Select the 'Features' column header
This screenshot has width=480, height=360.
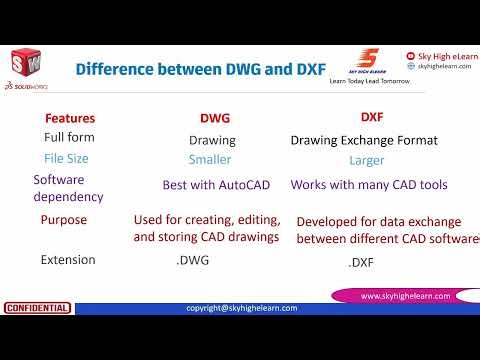(70, 118)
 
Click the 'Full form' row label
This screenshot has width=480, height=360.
(70, 136)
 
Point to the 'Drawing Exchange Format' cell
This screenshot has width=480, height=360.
(364, 140)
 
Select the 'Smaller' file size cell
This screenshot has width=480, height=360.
(210, 159)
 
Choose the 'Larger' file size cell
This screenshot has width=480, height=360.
(367, 160)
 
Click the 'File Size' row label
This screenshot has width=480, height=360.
(68, 158)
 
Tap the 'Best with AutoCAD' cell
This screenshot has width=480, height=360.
(217, 185)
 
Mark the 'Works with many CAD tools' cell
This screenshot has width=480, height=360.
(369, 185)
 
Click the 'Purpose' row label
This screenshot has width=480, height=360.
(64, 220)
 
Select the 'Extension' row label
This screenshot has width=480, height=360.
(68, 260)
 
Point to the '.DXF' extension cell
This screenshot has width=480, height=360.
(363, 263)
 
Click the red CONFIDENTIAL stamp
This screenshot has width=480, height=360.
(37, 308)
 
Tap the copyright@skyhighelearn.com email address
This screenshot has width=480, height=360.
(242, 308)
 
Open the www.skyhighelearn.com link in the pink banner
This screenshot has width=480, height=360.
(409, 296)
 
